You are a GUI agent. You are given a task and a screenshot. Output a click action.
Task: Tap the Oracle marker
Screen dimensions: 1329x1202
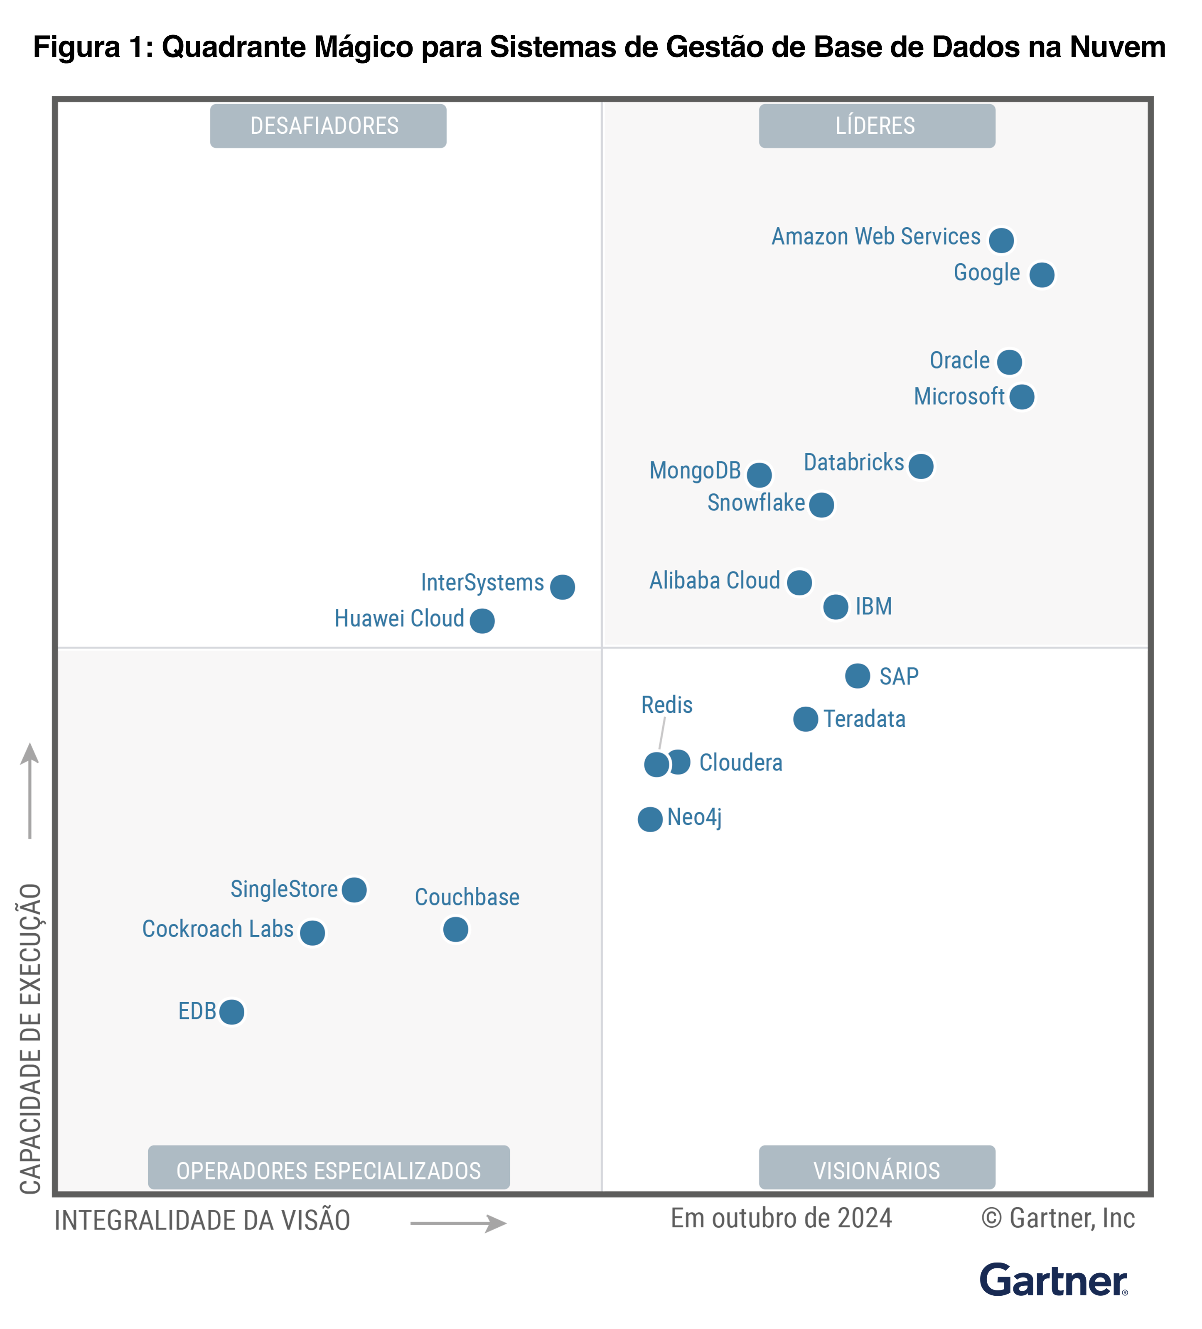pos(1009,362)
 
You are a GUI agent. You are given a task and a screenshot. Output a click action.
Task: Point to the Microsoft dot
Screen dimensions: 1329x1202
pos(1021,397)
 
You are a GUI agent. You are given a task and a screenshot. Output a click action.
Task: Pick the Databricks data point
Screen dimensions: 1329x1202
pos(920,466)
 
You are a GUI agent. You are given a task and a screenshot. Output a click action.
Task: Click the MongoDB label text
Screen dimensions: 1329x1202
pos(695,471)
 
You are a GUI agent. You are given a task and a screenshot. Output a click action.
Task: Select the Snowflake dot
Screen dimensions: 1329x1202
pos(821,505)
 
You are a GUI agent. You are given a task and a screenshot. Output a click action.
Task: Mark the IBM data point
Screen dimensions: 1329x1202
pos(836,606)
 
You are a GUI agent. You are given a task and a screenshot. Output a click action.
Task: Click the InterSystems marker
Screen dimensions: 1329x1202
pos(562,587)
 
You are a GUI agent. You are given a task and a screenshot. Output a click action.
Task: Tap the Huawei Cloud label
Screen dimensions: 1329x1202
pos(399,619)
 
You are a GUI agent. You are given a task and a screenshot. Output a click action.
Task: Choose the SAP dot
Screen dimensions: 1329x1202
pos(857,676)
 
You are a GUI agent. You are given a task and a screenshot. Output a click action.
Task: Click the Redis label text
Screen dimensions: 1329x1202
pos(666,705)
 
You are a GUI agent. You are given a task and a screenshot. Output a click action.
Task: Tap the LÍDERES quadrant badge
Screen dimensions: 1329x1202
pos(876,126)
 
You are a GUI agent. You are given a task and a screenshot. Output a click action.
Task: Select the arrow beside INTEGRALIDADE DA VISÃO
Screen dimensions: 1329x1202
pos(458,1224)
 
